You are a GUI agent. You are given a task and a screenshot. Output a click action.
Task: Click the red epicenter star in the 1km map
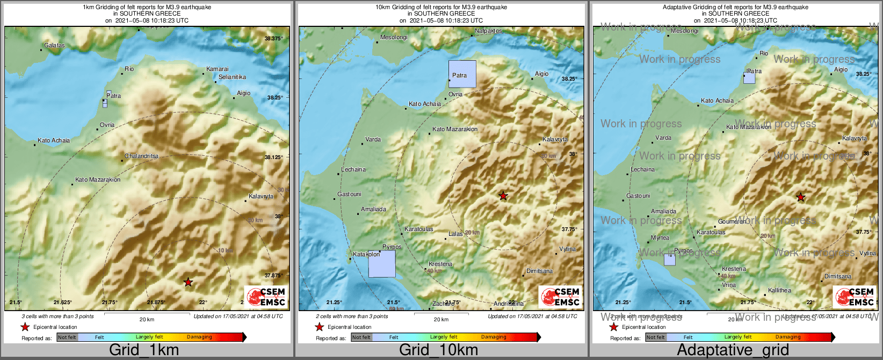[x=188, y=282]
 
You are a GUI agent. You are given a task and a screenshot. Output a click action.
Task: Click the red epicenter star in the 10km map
[x=503, y=196]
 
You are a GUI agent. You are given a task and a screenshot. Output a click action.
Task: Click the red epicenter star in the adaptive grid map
[x=801, y=197]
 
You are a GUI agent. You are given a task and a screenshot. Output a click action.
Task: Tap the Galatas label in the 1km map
[x=54, y=46]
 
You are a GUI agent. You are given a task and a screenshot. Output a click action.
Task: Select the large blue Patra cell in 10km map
[x=462, y=74]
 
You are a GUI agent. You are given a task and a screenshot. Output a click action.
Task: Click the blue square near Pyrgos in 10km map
[x=382, y=264]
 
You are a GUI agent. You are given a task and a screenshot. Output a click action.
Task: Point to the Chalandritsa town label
[x=142, y=156]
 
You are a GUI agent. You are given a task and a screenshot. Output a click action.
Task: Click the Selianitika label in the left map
[x=232, y=77]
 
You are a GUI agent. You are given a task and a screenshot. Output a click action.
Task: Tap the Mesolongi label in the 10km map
[x=394, y=38]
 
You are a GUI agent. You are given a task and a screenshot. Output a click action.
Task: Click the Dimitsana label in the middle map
[x=539, y=271]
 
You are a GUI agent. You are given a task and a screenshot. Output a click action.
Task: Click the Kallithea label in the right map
[x=779, y=291]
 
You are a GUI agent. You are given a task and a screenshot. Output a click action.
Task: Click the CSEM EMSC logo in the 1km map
[x=266, y=297]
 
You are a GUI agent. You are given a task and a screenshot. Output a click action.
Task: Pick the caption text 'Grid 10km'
[x=438, y=350]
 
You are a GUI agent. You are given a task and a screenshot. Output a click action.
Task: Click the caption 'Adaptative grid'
[x=733, y=350]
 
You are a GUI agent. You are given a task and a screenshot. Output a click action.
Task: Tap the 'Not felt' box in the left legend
[x=67, y=337]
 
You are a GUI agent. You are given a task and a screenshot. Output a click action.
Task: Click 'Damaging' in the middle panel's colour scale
[x=494, y=337]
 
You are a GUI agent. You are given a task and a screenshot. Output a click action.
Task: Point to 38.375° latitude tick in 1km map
[x=273, y=39]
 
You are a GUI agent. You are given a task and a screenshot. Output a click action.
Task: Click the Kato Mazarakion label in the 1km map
[x=98, y=180]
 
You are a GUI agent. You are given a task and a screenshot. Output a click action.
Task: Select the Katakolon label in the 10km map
[x=366, y=255]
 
